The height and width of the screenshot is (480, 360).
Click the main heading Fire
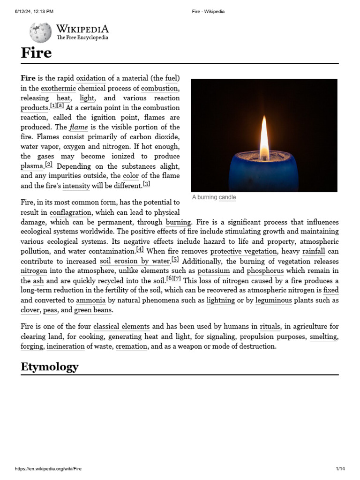[x=36, y=52]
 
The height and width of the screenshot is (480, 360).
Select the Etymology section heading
[x=49, y=366]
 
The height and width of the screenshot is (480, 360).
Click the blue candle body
[x=263, y=173]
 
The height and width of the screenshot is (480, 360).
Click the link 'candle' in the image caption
[x=227, y=197]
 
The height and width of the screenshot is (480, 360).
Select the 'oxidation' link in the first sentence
[x=91, y=78]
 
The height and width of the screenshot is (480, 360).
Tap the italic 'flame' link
[x=79, y=127]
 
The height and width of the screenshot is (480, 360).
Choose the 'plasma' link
[x=32, y=166]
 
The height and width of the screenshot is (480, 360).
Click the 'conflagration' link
[x=70, y=212]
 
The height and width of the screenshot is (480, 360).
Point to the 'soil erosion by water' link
[x=135, y=261]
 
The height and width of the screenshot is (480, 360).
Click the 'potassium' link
[x=214, y=271]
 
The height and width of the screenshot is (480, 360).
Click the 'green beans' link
[x=93, y=310]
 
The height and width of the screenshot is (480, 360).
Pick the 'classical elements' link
[x=121, y=326]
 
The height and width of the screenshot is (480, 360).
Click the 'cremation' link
[x=131, y=346]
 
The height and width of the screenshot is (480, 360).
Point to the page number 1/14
[x=340, y=469]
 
